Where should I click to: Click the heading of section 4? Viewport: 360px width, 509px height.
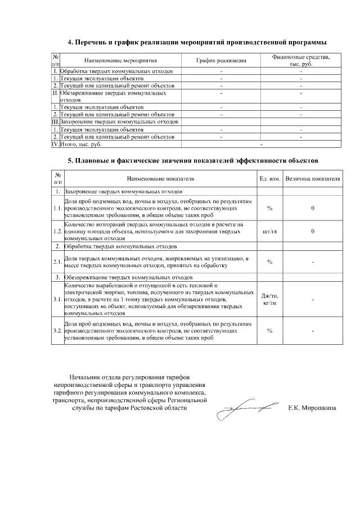pyautogui.click(x=196, y=42)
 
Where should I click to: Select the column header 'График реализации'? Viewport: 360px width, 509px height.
pyautogui.click(x=221, y=60)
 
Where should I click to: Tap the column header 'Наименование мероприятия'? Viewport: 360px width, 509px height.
pyautogui.click(x=120, y=60)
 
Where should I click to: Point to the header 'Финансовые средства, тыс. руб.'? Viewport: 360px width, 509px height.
pyautogui.click(x=301, y=60)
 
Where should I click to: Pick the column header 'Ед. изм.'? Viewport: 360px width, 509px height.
pyautogui.click(x=269, y=178)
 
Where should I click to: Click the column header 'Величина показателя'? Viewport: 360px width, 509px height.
pyautogui.click(x=312, y=178)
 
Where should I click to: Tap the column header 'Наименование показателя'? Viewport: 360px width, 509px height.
pyautogui.click(x=160, y=178)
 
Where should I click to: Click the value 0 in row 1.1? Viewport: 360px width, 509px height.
pyautogui.click(x=313, y=208)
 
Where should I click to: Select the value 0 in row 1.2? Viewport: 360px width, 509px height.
pyautogui.click(x=313, y=231)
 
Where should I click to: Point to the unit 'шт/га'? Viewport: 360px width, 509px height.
pyautogui.click(x=269, y=231)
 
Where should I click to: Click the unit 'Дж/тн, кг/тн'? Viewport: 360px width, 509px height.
pyautogui.click(x=269, y=300)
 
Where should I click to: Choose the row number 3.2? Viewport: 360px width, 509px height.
pyautogui.click(x=57, y=331)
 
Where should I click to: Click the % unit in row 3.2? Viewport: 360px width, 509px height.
pyautogui.click(x=269, y=331)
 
